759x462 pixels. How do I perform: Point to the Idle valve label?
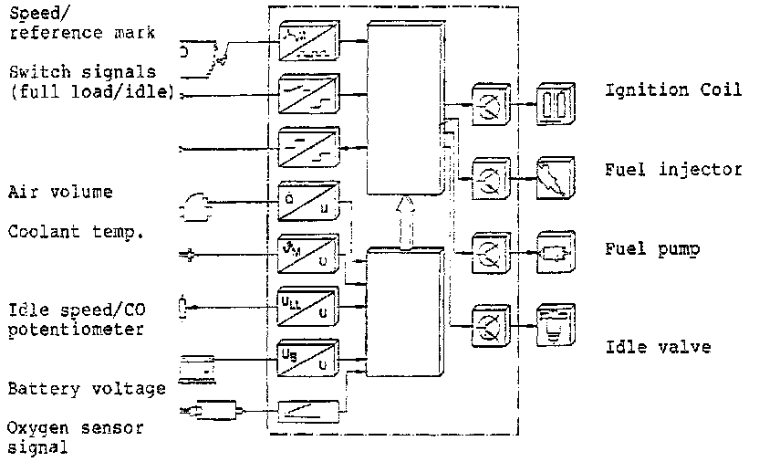[650, 348]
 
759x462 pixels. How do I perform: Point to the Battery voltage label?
[87, 389]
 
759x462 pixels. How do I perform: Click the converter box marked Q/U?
[308, 201]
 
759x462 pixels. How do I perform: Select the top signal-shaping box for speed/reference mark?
[308, 41]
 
